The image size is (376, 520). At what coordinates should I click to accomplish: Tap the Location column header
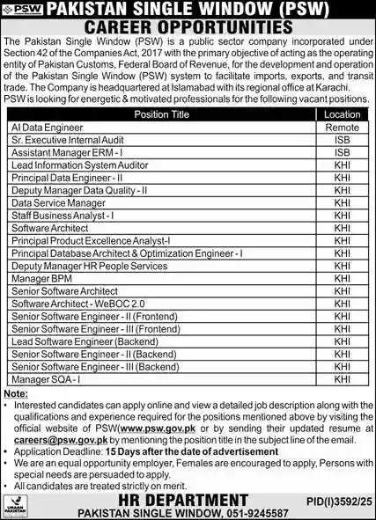click(x=341, y=114)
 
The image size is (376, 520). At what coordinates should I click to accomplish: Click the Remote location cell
click(x=341, y=127)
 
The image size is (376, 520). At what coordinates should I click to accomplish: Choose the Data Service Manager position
click(x=58, y=202)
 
